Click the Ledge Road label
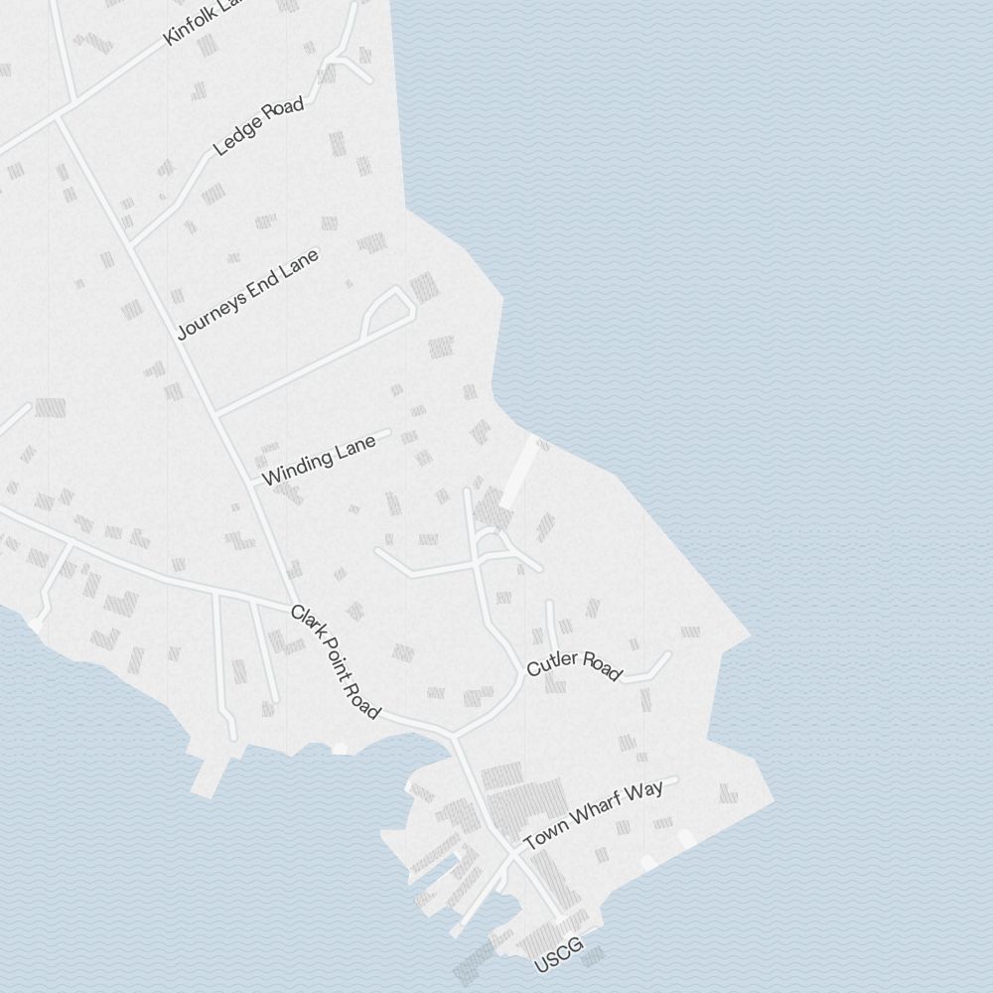coord(258,128)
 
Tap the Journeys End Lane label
coord(248,294)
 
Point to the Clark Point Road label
coord(335,661)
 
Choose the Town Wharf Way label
coord(593,815)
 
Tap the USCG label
coord(558,955)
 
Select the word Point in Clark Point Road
coord(333,657)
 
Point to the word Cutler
coord(550,664)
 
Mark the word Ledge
coord(236,140)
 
